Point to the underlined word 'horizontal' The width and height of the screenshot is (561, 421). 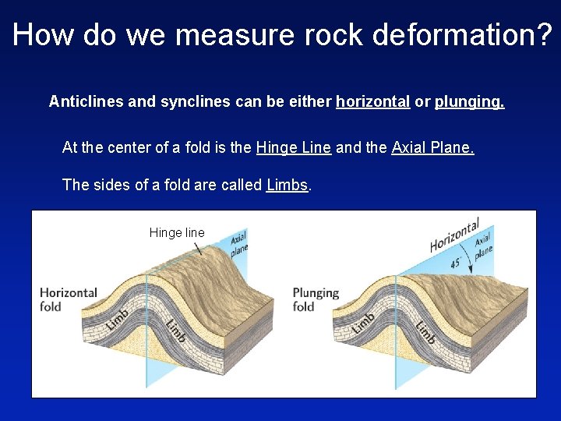point(372,101)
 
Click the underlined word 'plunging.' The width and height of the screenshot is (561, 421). point(469,101)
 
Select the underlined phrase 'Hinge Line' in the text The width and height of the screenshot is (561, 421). point(293,147)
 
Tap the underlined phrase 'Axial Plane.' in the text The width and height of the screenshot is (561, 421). point(432,147)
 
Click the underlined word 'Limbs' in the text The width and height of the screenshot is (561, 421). point(288,185)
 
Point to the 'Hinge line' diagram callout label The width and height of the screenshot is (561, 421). point(177,232)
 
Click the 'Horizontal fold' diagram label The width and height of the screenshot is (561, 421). point(69,299)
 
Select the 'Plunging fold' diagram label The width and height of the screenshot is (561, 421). point(316,299)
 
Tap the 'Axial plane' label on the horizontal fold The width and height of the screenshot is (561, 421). point(239,243)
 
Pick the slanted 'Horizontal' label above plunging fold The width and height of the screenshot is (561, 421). point(454,235)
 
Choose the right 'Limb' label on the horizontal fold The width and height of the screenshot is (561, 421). point(176,328)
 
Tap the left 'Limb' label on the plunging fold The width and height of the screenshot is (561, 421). point(363,323)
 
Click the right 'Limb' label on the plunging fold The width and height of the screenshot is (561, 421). point(425,331)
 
